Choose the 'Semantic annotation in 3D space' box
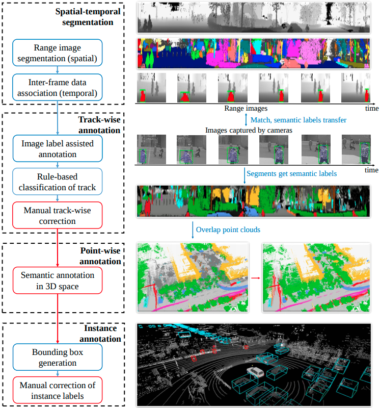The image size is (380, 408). (58, 280)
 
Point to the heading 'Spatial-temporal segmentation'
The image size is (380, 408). (84, 17)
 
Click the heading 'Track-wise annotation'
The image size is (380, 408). (99, 125)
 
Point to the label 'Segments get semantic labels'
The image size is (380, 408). (291, 173)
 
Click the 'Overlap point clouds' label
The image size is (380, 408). (228, 229)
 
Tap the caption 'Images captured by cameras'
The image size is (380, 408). (249, 130)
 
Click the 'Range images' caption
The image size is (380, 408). (246, 109)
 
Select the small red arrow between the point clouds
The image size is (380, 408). (255, 278)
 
